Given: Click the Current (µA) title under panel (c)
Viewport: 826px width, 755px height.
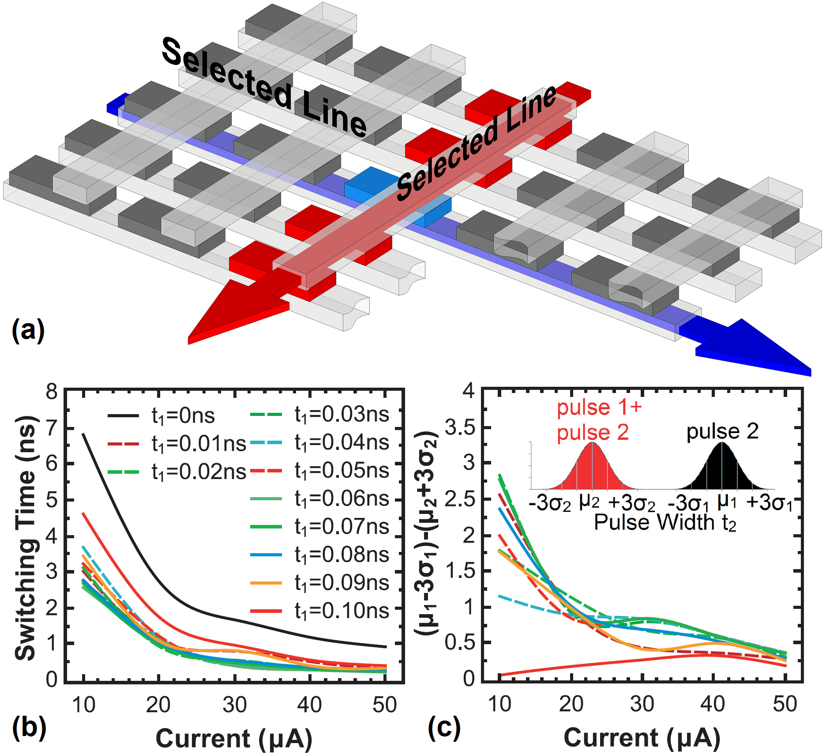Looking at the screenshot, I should [642, 738].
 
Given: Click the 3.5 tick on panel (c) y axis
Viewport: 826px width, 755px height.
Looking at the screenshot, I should [459, 427].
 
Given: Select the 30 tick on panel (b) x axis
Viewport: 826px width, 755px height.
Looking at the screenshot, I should [234, 705].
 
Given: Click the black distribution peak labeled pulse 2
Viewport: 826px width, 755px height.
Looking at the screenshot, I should [722, 446].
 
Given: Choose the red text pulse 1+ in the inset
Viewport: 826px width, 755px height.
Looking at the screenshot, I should [599, 408].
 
